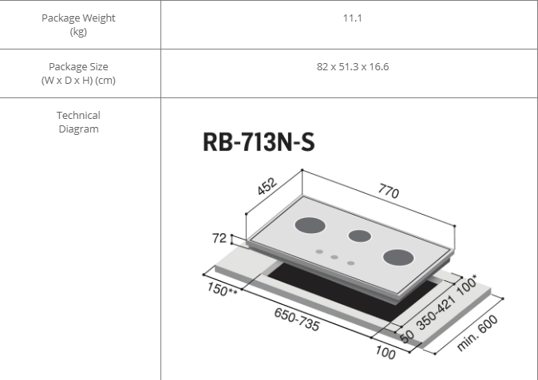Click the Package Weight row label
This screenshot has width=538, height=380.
[78, 25]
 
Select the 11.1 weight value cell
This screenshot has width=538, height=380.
[352, 18]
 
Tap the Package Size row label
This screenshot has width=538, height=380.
[78, 73]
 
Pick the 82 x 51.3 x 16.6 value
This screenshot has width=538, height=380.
[353, 66]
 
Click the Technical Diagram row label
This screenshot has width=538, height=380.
[78, 122]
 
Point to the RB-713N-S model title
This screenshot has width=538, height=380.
[259, 142]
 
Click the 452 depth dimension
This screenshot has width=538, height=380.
[267, 186]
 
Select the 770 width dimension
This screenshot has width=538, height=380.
[389, 191]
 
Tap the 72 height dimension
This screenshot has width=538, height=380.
[220, 238]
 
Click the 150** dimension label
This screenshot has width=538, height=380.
[222, 289]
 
